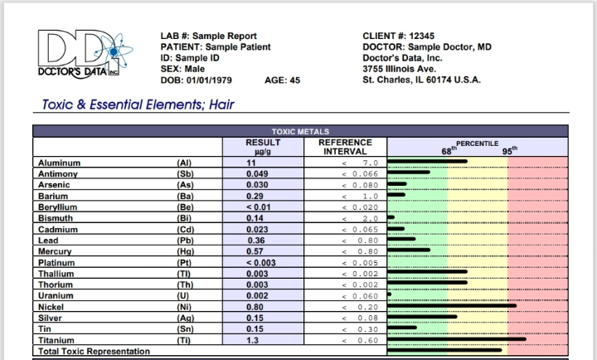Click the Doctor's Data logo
[x=85, y=55]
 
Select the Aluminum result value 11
[x=251, y=163]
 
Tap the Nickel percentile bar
[x=452, y=305]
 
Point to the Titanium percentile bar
[x=457, y=338]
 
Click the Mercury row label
[x=55, y=251]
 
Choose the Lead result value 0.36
[x=256, y=241]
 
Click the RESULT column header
[x=263, y=147]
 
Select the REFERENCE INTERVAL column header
[x=345, y=147]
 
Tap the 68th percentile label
[x=449, y=150]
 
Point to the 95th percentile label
[x=510, y=150]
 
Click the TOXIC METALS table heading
[x=300, y=131]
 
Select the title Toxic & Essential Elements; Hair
[x=138, y=105]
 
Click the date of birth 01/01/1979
[x=209, y=80]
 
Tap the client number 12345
[x=422, y=36]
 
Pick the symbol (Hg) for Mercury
[x=186, y=251]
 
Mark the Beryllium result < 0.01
[x=259, y=207]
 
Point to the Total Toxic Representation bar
[x=444, y=350]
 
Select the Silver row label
[x=50, y=318]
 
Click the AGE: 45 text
[x=283, y=80]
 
